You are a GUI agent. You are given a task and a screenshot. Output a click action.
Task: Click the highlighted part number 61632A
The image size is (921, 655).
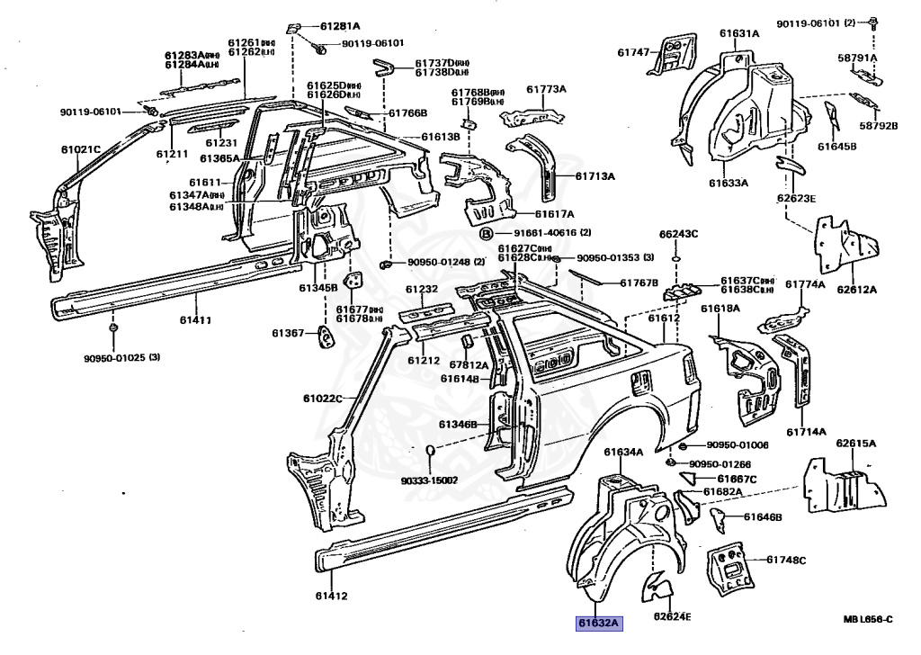click(x=600, y=622)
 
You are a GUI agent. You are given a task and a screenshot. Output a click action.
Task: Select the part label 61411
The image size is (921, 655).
click(x=195, y=319)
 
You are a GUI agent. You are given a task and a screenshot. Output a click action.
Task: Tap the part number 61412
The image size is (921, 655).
click(x=331, y=595)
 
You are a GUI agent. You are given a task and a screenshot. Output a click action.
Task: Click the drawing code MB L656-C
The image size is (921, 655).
click(x=867, y=618)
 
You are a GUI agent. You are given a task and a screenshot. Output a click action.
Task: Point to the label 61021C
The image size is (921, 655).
click(x=80, y=148)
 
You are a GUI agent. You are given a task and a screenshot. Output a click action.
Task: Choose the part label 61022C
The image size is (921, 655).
click(x=324, y=399)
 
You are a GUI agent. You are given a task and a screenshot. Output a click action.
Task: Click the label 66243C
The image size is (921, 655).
click(x=678, y=234)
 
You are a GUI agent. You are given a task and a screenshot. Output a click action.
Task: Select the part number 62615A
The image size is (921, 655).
click(x=855, y=444)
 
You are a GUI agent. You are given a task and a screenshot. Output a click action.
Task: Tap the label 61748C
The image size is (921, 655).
click(x=787, y=560)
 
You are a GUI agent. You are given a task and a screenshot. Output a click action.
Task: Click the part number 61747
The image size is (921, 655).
click(x=632, y=53)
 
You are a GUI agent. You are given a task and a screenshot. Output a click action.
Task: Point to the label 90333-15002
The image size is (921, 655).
click(x=429, y=480)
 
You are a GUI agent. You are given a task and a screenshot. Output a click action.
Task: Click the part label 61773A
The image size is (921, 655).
click(x=546, y=89)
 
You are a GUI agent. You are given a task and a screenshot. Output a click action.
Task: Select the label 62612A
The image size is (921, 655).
click(x=856, y=290)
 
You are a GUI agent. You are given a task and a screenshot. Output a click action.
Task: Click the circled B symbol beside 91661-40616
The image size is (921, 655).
click(x=487, y=233)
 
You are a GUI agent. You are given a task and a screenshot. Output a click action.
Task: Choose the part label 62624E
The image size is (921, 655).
click(x=673, y=616)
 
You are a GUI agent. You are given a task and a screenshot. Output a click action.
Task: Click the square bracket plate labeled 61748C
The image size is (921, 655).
click(x=730, y=566)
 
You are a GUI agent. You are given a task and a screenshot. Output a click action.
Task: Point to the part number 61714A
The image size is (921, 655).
click(x=806, y=432)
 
